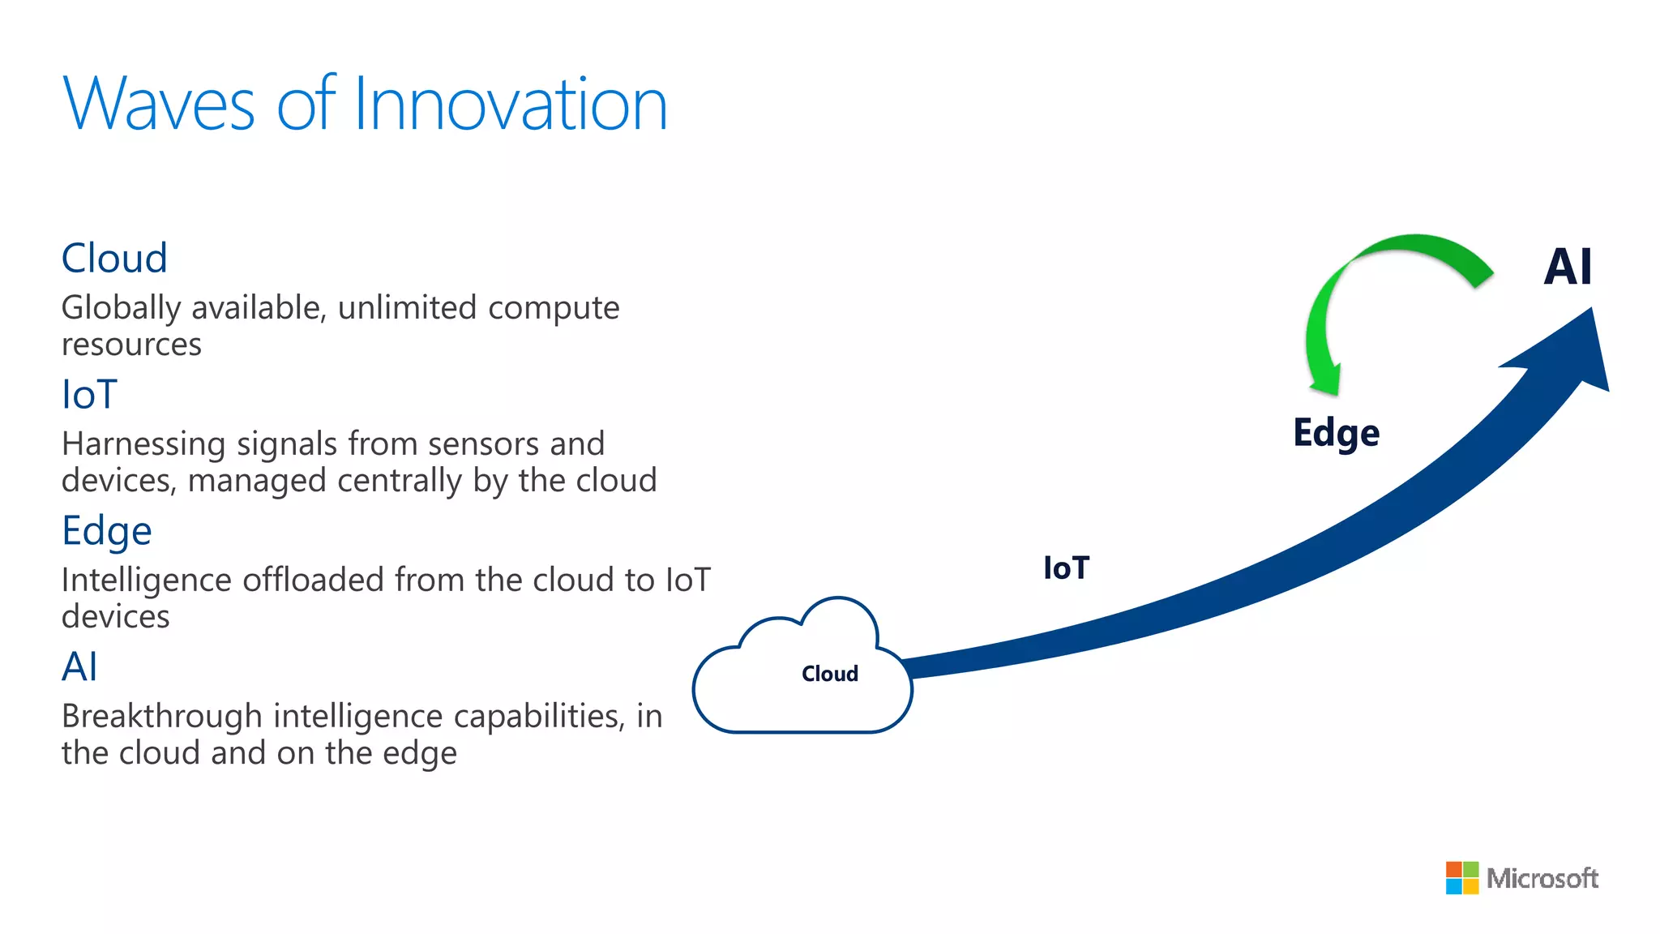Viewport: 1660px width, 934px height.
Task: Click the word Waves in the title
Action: (159, 105)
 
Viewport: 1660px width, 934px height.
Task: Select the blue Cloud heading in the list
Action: (114, 259)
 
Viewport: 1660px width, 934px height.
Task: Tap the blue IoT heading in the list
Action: (89, 395)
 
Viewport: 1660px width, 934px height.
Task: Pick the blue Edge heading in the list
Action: (106, 532)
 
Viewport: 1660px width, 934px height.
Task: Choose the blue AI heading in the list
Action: (79, 667)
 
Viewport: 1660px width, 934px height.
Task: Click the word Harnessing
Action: (143, 444)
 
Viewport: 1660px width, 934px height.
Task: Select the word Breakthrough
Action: (162, 717)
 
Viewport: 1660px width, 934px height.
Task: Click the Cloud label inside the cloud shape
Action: (829, 674)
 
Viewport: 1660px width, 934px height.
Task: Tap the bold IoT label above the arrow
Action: (1066, 568)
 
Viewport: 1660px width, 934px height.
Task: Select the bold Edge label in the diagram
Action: (1336, 433)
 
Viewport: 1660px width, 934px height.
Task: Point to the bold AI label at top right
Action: (1568, 267)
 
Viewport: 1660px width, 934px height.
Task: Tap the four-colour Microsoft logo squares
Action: (1461, 878)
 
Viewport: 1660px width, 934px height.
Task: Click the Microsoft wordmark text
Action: (1542, 878)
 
